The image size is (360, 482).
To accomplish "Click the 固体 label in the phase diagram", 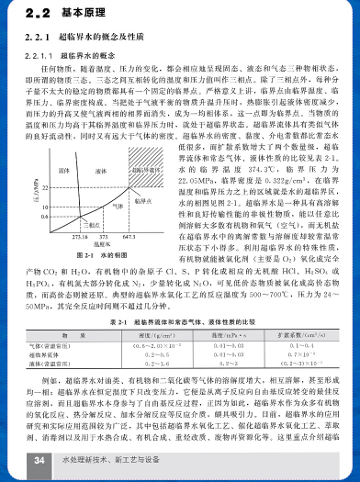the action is pyautogui.click(x=67, y=146).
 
